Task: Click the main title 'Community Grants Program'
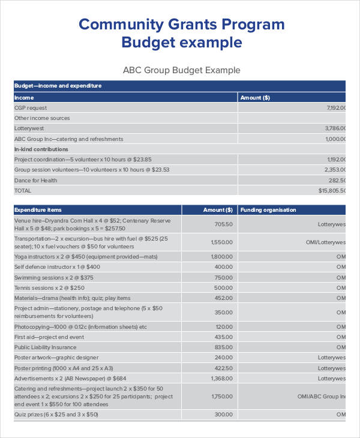[181, 24]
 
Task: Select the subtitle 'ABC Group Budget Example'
[181, 70]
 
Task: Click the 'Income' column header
[25, 97]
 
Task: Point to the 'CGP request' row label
[31, 108]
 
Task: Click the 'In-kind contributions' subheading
[41, 149]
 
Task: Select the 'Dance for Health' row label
[36, 180]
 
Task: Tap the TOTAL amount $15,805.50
[332, 190]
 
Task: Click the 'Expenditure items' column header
[37, 210]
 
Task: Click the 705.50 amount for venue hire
[223, 224]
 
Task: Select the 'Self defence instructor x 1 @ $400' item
[57, 266]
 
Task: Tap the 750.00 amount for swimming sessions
[223, 277]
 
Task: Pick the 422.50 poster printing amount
[223, 368]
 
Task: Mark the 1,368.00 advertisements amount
[221, 379]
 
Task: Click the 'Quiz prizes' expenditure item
[56, 415]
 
